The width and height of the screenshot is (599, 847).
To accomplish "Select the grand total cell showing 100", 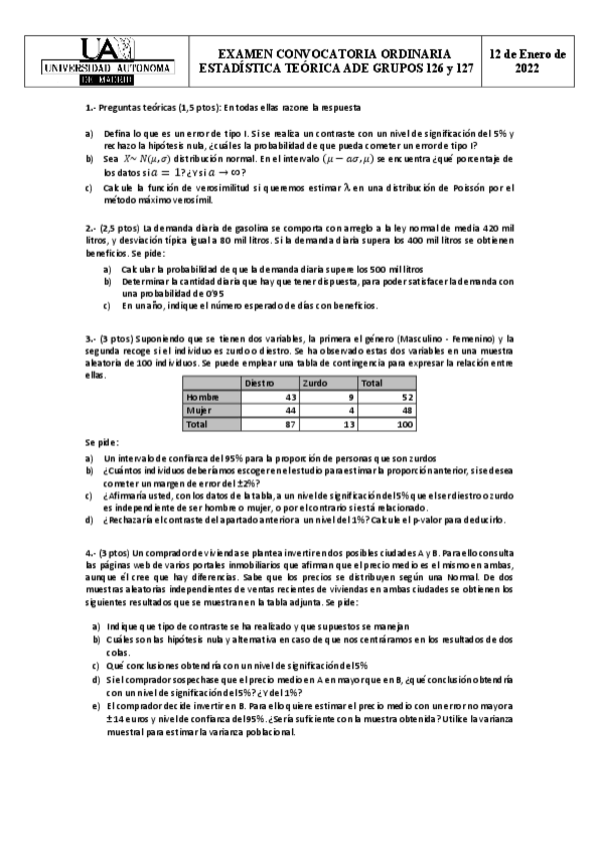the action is [x=404, y=423].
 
